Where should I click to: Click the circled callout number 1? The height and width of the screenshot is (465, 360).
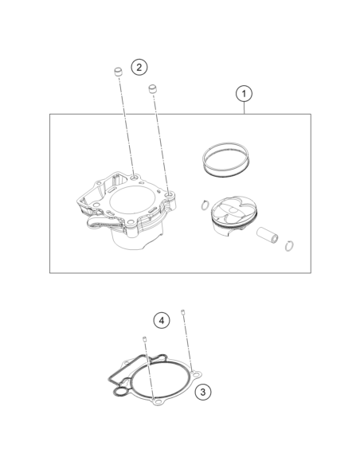coord(244,94)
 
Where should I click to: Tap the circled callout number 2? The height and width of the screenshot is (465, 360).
coord(139,67)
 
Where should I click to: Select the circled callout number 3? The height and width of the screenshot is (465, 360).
coord(203,392)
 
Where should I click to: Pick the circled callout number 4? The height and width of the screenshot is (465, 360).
coord(162,320)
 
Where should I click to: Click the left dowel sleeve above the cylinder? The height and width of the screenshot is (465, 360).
coord(119,72)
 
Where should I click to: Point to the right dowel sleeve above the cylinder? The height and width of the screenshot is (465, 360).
coord(152,89)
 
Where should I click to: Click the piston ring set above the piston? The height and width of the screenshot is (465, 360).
coord(226,160)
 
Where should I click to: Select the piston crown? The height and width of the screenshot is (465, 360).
coord(234,210)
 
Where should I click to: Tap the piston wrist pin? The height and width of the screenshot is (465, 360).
coord(267,235)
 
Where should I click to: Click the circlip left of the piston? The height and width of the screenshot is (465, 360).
coord(204,205)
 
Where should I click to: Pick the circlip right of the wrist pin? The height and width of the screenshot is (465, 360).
coord(289,246)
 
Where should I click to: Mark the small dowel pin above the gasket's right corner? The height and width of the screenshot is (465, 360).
coord(182,312)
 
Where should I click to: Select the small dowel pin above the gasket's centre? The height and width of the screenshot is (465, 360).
coord(145,339)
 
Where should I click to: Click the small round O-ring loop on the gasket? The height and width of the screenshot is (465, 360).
coord(120,392)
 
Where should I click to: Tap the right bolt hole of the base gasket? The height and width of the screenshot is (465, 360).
coord(196,376)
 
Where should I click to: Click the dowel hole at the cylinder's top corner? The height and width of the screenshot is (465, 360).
coord(134,178)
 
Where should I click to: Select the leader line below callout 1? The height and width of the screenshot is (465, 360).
coord(244,108)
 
